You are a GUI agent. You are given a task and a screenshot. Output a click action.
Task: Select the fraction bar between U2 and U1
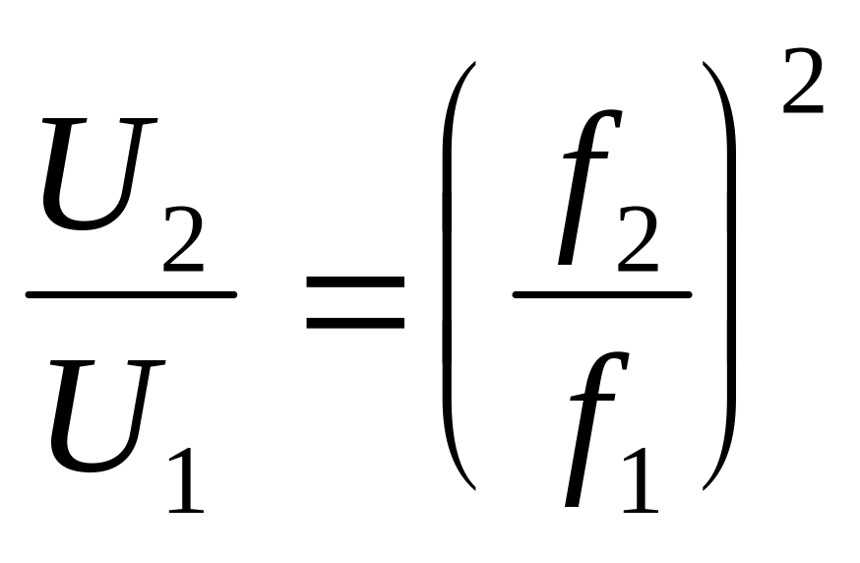coord(131,293)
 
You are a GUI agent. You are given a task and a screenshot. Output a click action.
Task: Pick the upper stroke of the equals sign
coord(355,281)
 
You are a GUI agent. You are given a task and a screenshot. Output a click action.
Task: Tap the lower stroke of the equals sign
coord(355,321)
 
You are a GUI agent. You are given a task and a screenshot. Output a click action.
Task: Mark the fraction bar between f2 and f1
coord(601,293)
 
